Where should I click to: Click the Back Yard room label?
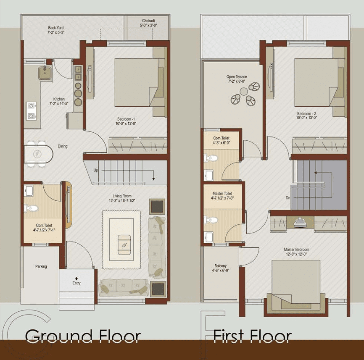click(55, 30)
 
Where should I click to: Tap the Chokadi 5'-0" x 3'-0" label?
click(149, 23)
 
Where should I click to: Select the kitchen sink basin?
click(45, 73)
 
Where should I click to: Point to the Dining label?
click(63, 147)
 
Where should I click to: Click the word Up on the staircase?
click(96, 171)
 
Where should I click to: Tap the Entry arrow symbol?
click(76, 278)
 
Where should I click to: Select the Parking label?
click(41, 266)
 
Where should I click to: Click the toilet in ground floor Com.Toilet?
click(32, 208)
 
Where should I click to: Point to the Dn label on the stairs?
click(288, 197)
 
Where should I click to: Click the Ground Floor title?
click(82, 336)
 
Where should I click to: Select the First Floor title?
click(252, 336)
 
